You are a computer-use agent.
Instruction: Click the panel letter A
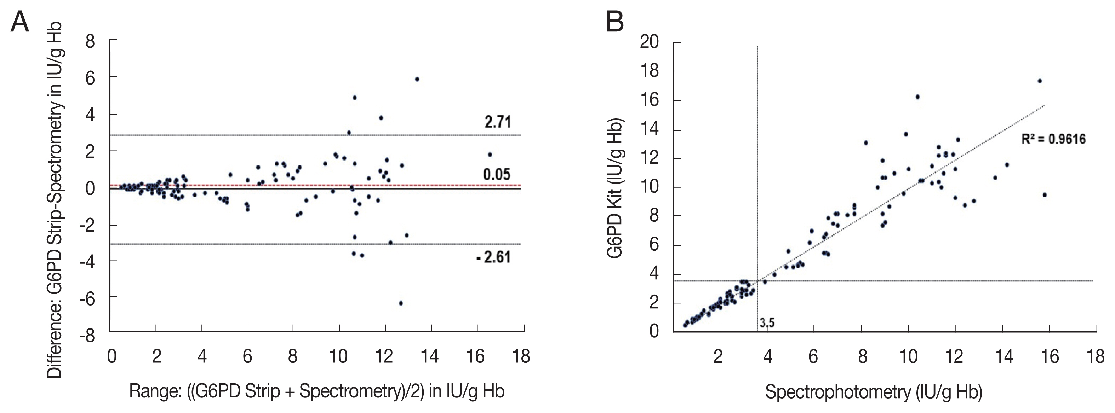(x=19, y=22)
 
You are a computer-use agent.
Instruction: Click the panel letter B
(x=614, y=22)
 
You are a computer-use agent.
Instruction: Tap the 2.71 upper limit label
(x=497, y=122)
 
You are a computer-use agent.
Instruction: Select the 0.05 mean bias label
(x=497, y=174)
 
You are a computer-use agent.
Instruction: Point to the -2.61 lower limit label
(x=493, y=257)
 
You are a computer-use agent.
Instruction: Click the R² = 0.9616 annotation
(x=1053, y=139)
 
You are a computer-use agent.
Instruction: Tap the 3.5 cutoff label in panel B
(x=767, y=322)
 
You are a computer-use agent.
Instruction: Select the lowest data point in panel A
(x=401, y=303)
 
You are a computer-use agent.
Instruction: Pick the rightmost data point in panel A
(x=490, y=155)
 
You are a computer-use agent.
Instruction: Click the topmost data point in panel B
(x=1040, y=81)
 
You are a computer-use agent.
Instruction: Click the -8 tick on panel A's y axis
(x=87, y=336)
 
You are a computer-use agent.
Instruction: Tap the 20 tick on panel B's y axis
(x=649, y=42)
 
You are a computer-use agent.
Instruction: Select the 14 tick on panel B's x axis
(x=1004, y=356)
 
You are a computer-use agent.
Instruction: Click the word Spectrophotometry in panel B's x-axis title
(x=838, y=392)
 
